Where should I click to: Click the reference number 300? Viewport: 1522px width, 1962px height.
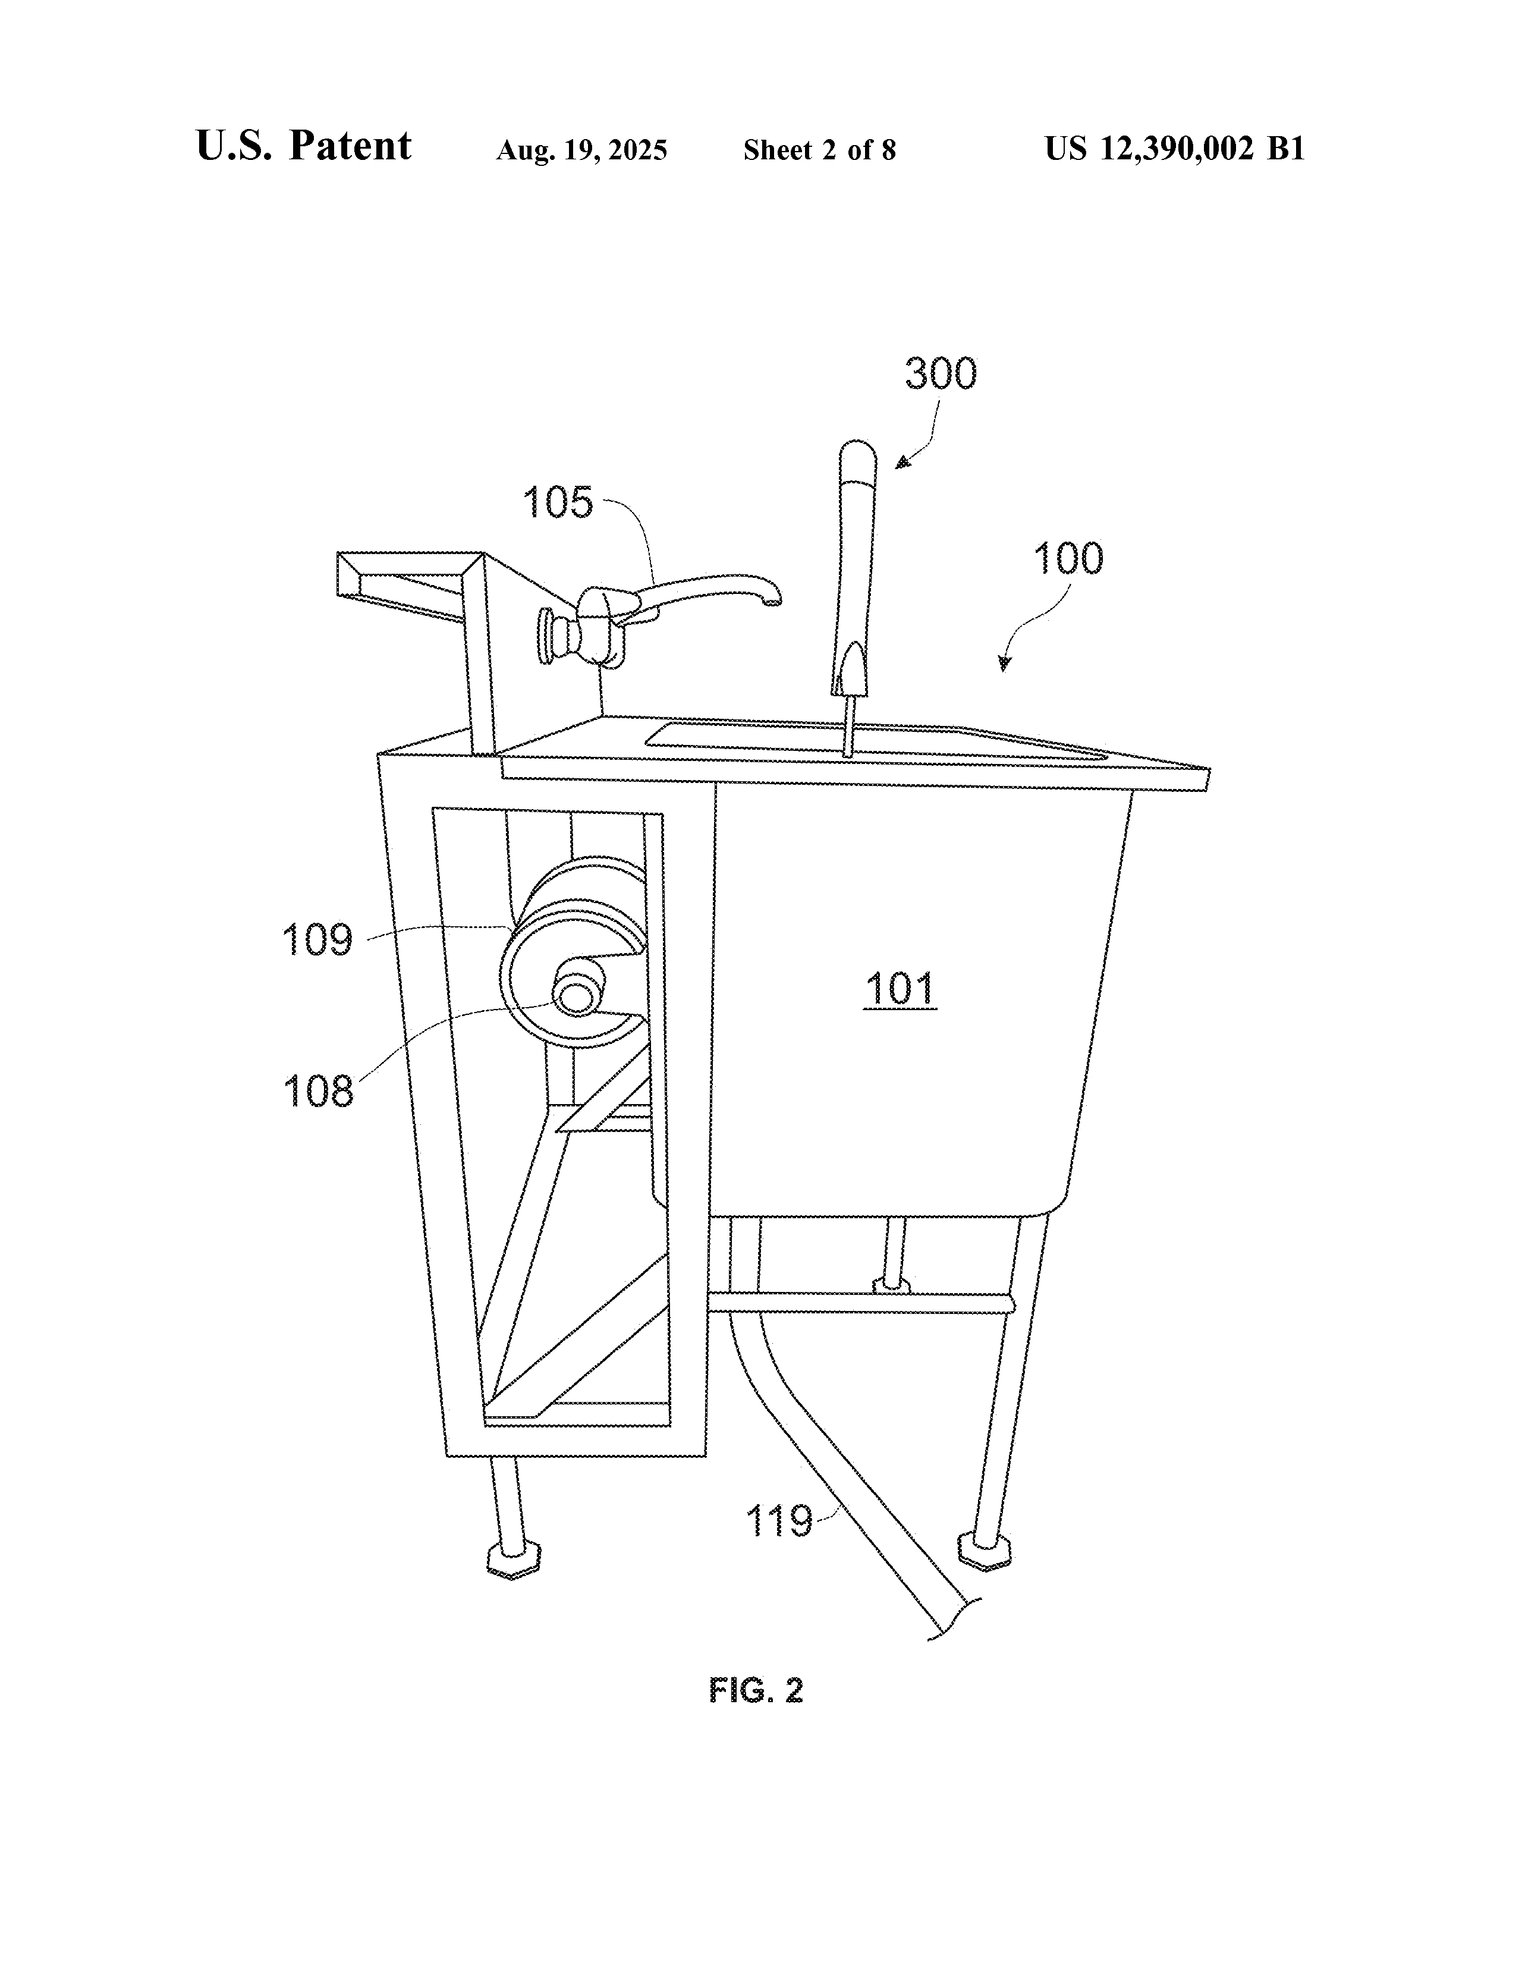coord(940,374)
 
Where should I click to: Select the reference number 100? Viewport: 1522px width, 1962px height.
coord(1068,559)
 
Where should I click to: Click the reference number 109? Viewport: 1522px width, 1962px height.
coord(317,941)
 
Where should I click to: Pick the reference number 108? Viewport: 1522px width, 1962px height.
coord(318,1092)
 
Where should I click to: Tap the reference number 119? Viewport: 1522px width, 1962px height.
coord(779,1522)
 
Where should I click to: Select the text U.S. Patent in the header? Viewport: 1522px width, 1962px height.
coord(304,146)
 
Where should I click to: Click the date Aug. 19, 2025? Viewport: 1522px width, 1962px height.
coord(581,150)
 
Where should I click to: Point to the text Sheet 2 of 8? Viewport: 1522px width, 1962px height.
coord(819,150)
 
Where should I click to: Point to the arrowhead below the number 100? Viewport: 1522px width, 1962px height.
coord(1005,663)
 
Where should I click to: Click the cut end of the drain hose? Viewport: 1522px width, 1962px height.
coord(954,1618)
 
